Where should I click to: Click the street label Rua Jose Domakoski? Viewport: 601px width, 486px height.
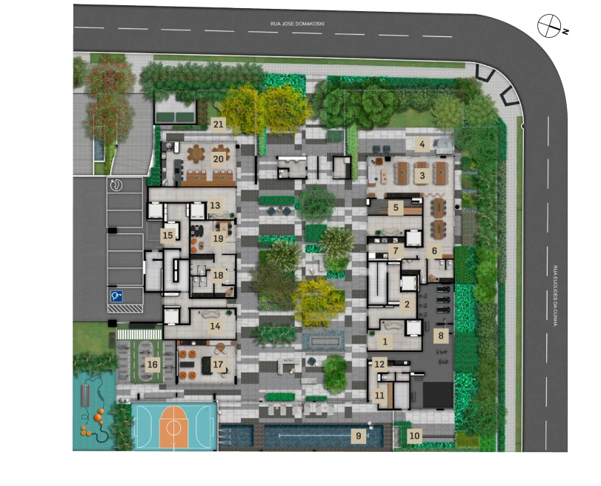[x=297, y=24]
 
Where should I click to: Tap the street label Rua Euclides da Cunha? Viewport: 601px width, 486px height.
[x=555, y=296]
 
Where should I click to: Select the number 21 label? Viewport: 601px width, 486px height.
[x=218, y=124]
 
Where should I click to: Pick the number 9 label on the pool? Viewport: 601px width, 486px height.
[x=359, y=436]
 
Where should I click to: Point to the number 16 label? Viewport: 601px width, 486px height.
[x=153, y=364]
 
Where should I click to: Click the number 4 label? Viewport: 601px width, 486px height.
[x=422, y=144]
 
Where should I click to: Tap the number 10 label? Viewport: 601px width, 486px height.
[x=414, y=436]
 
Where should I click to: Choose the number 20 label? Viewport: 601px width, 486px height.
[x=218, y=159]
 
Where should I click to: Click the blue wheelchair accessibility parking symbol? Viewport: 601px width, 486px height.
[x=116, y=296]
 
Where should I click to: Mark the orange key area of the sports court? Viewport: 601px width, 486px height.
[x=173, y=427]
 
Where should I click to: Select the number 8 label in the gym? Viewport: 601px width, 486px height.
[x=441, y=336]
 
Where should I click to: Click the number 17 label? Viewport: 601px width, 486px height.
[x=218, y=364]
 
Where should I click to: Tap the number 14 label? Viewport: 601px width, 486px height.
[x=215, y=326]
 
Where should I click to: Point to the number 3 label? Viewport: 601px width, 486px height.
[x=422, y=176]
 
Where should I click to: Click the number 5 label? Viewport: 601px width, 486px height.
[x=396, y=207]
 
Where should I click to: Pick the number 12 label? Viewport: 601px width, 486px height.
[x=379, y=364]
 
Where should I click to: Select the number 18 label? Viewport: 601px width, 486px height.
[x=218, y=275]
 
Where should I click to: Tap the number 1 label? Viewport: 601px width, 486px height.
[x=385, y=342]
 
